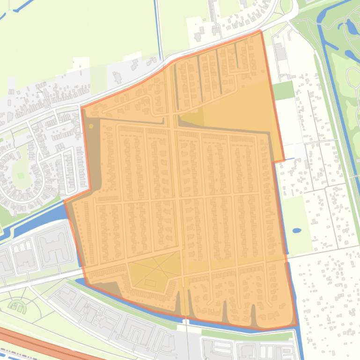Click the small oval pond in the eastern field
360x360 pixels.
tap(297, 230)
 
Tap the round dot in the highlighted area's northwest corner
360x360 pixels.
tap(91, 126)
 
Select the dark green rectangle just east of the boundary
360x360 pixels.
tap(283, 90)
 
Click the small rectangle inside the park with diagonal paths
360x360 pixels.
tap(150, 283)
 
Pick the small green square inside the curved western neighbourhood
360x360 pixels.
tap(20, 175)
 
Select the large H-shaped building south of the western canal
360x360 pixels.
tap(54, 245)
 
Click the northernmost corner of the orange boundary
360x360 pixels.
tap(260, 31)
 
